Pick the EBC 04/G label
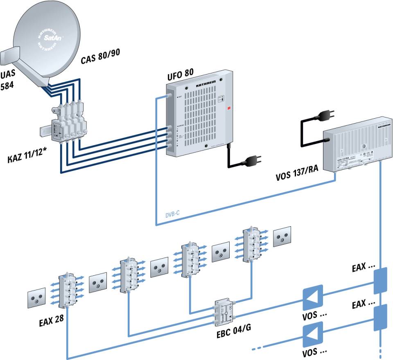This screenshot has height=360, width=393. coord(233,331)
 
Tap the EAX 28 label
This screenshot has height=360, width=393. coord(46,318)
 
